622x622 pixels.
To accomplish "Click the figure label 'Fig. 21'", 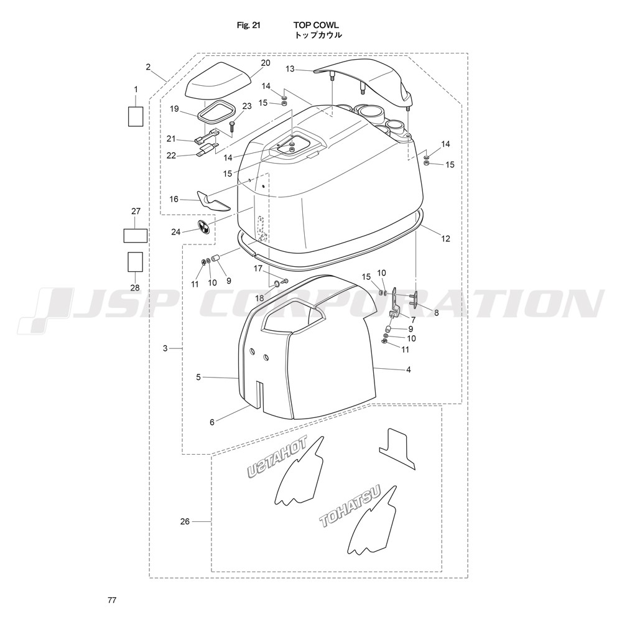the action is (248, 26).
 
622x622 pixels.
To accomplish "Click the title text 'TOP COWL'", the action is (316, 26).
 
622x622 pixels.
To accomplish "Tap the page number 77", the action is (112, 600).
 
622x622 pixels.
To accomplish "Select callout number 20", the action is (266, 63).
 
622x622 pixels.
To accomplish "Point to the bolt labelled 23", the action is (232, 127).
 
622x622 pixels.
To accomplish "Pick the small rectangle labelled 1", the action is (136, 117).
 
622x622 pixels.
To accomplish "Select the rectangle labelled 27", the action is (136, 236).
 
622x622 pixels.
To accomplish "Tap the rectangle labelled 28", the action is (135, 262).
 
